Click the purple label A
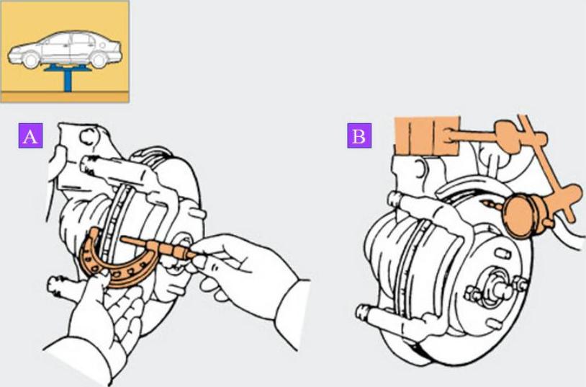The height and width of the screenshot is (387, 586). pyautogui.click(x=30, y=135)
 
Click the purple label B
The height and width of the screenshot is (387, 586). pyautogui.click(x=359, y=135)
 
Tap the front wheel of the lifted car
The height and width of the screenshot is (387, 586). pyautogui.click(x=30, y=60)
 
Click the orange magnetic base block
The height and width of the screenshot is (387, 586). pyautogui.click(x=427, y=135)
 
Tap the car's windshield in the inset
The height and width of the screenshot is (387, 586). pyautogui.click(x=49, y=39)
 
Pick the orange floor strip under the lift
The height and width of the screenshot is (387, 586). pyautogui.click(x=65, y=97)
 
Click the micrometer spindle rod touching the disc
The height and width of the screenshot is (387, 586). pyautogui.click(x=135, y=242)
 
